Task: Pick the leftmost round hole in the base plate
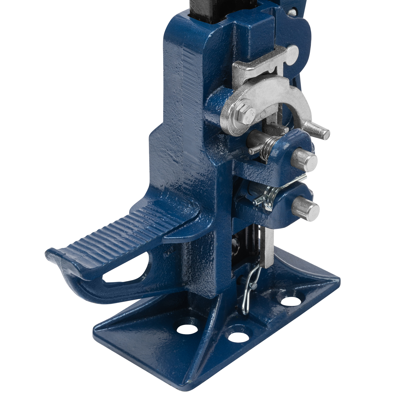[187, 329]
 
